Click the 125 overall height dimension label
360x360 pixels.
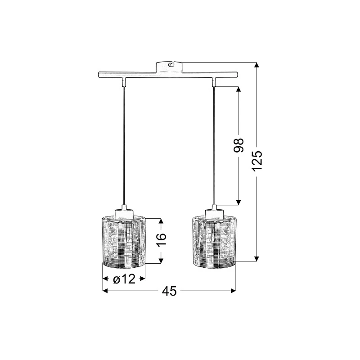[x=257, y=161]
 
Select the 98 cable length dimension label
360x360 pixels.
[x=238, y=145]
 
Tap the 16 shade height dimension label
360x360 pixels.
[x=161, y=240]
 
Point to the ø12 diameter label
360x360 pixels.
[x=124, y=279]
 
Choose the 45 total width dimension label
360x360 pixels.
[x=170, y=291]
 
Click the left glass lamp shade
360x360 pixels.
[x=124, y=241]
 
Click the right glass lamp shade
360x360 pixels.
[x=214, y=241]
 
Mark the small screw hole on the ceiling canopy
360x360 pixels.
[x=170, y=65]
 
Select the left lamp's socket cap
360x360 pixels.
[x=124, y=213]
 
